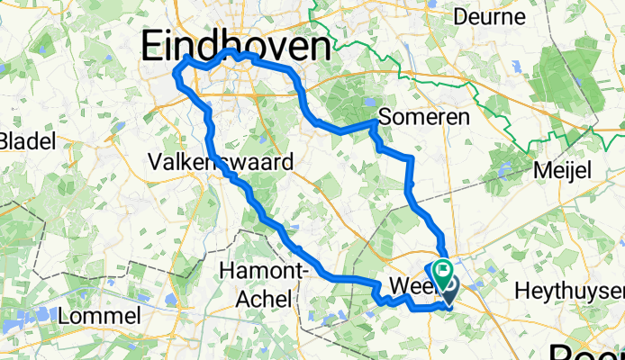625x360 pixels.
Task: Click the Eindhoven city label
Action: pyautogui.click(x=231, y=45)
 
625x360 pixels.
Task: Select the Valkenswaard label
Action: pyautogui.click(x=219, y=163)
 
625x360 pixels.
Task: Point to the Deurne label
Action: pyautogui.click(x=489, y=17)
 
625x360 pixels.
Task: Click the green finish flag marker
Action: pyautogui.click(x=442, y=268)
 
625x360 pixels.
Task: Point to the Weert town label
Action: pyautogui.click(x=413, y=288)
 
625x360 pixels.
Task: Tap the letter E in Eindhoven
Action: pyautogui.click(x=152, y=46)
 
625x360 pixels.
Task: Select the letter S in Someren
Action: pyautogui.click(x=386, y=118)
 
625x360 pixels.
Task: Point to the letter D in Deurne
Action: pyautogui.click(x=460, y=17)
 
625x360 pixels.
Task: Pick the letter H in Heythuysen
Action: pyautogui.click(x=520, y=292)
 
